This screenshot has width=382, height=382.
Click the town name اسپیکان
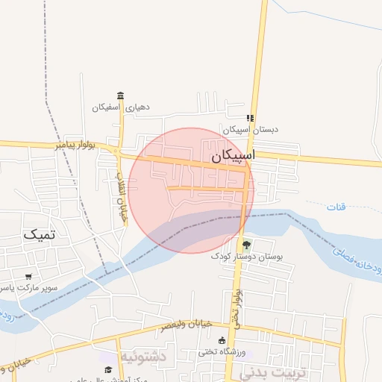tap(232, 157)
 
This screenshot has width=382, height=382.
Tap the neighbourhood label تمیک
tap(40, 234)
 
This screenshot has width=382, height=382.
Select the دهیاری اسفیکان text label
tap(121, 107)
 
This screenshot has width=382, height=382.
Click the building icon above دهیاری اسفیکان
tap(121, 95)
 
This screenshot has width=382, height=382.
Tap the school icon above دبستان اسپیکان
tap(250, 118)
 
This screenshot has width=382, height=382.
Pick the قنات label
tap(336, 206)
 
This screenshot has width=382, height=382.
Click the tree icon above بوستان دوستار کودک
tap(246, 244)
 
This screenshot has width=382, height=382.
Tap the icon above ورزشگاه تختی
tap(222, 340)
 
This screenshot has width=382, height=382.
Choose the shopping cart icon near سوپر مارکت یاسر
tap(28, 276)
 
